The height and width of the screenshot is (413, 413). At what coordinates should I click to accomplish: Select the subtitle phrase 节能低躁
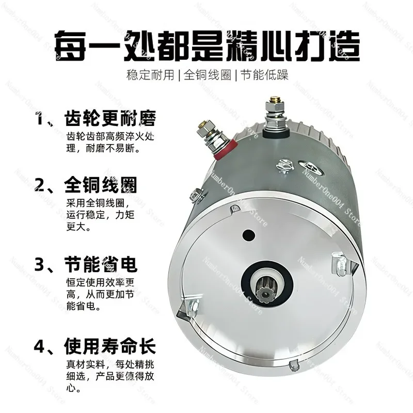(x=264, y=74)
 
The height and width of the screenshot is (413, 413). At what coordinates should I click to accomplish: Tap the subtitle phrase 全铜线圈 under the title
(x=207, y=74)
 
